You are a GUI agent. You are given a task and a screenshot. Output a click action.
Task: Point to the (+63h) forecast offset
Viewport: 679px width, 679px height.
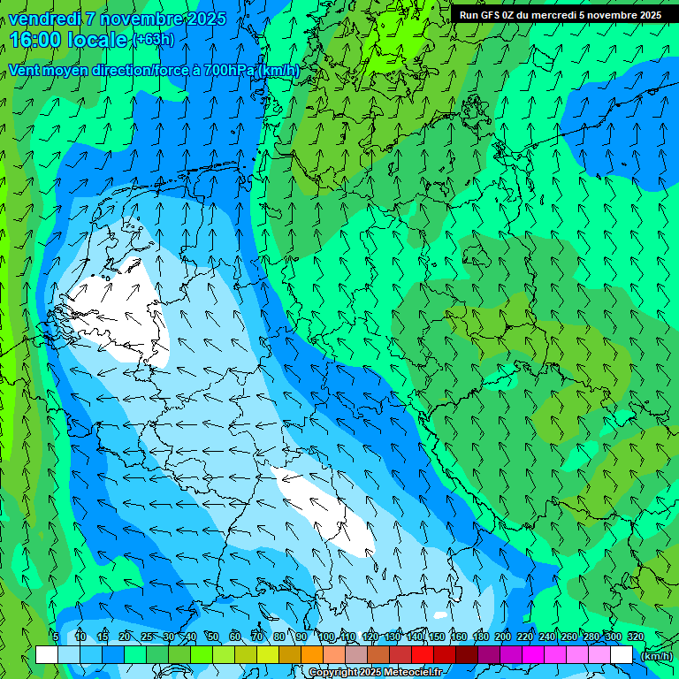[153, 40]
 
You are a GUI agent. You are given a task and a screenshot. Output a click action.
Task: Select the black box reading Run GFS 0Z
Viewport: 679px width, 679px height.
[560, 15]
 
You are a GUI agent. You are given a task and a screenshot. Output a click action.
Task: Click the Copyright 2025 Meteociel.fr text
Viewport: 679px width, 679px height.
[376, 672]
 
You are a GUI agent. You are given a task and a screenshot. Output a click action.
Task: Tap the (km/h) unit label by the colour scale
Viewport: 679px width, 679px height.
[656, 656]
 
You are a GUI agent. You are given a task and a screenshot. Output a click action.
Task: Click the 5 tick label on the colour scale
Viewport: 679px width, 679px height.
[56, 637]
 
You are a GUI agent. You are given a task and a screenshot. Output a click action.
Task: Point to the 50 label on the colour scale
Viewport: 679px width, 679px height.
[212, 637]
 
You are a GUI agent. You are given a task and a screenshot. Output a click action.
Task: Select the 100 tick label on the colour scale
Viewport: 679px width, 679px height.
[325, 637]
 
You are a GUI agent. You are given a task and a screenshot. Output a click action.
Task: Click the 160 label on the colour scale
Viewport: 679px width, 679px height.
[458, 637]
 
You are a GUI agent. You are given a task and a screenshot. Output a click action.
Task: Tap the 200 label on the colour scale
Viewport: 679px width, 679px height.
[503, 637]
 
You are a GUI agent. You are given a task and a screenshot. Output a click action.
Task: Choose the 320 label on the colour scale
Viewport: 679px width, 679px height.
[635, 637]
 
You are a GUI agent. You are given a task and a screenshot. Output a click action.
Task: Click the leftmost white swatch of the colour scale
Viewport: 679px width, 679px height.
[47, 655]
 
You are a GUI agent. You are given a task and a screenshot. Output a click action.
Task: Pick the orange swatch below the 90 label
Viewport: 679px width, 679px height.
[311, 655]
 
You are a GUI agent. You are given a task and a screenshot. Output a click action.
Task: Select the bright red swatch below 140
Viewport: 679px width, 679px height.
[422, 655]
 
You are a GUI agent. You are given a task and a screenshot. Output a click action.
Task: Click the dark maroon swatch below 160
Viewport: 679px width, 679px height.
[466, 655]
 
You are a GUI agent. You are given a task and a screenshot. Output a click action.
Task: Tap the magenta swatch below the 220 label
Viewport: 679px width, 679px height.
[532, 655]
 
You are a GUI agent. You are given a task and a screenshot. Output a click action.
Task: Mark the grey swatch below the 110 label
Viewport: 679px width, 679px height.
[355, 655]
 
